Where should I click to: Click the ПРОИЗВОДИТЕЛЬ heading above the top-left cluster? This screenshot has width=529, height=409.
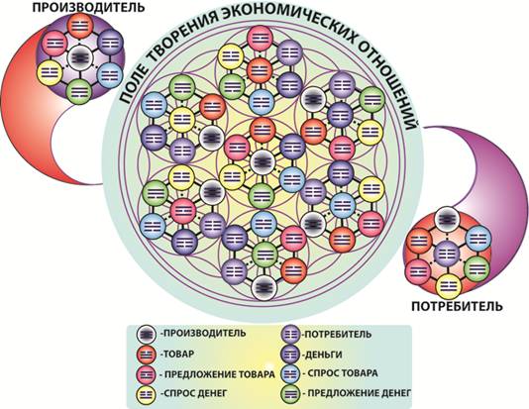pos(89,7)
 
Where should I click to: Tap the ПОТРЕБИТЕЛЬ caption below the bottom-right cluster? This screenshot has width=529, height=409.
pos(457,306)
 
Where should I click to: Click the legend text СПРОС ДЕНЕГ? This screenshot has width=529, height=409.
pos(193,393)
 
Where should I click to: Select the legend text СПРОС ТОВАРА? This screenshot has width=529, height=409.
pos(340,373)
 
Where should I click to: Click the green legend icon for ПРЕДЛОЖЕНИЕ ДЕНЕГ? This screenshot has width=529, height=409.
pos(290,394)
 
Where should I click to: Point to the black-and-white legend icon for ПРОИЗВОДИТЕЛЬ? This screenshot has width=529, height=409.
pos(147,335)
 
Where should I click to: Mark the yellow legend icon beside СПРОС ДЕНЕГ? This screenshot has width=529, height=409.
pos(147,394)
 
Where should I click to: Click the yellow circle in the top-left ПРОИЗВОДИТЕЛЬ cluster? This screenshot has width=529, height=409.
pos(51,72)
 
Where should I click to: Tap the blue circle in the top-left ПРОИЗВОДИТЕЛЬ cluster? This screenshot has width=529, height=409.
pos(110,75)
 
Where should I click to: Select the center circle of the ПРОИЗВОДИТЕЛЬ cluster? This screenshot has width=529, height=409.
pos(80,57)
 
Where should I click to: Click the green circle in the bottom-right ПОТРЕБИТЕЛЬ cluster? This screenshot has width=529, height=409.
pos(476,268)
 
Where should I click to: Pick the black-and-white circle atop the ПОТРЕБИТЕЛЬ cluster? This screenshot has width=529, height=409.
pos(448,220)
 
